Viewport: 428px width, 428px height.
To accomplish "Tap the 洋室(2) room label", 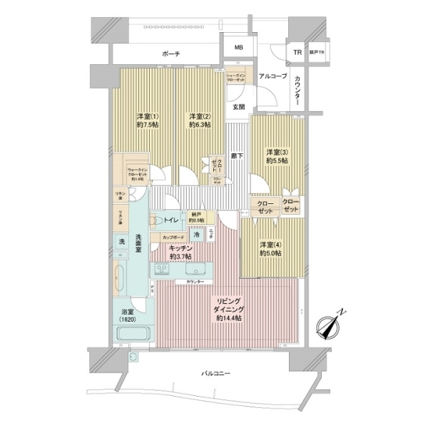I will pos(198,121).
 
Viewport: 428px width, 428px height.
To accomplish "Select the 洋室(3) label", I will pos(277,157).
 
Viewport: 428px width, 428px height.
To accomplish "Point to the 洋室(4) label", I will pos(270,248).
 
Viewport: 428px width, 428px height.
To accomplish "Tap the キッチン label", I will pos(180,251).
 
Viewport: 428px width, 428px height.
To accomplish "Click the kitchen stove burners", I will pos(162,270).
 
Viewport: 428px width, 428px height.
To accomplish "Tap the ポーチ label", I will pos(170,54).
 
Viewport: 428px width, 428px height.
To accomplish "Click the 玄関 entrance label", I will pos(238,107).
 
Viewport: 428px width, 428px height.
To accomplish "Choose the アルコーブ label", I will pos(272,76).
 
